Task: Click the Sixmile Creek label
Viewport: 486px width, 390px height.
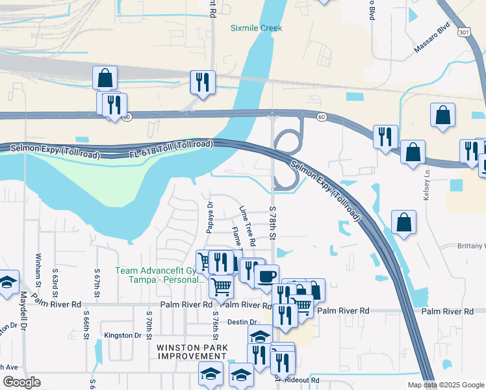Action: pyautogui.click(x=256, y=28)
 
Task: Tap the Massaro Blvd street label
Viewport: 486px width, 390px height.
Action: pyautogui.click(x=432, y=41)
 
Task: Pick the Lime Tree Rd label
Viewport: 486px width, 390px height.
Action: pyautogui.click(x=247, y=225)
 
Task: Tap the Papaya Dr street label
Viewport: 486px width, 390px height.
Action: pyautogui.click(x=210, y=216)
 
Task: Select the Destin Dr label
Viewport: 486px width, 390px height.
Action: pyautogui.click(x=243, y=322)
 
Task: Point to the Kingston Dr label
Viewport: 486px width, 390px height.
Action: pyautogui.click(x=123, y=335)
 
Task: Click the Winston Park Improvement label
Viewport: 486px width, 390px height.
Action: pyautogui.click(x=192, y=352)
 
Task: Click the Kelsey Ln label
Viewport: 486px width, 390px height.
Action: pyautogui.click(x=428, y=185)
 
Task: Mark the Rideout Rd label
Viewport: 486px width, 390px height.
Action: pyautogui.click(x=305, y=380)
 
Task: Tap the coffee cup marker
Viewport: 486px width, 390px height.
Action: pyautogui.click(x=266, y=276)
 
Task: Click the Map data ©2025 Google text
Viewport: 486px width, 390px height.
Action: pyautogui.click(x=445, y=385)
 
